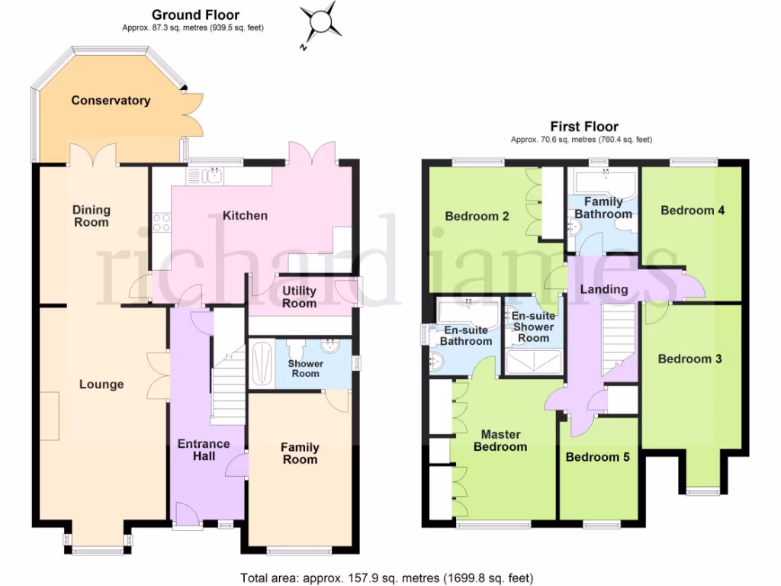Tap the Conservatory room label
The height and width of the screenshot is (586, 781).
click(111, 101)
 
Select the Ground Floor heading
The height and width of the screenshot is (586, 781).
click(195, 14)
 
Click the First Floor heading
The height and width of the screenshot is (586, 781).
click(584, 127)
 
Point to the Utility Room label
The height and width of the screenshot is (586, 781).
click(300, 297)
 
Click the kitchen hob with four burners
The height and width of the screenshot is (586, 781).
click(162, 222)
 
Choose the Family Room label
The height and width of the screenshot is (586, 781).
click(300, 453)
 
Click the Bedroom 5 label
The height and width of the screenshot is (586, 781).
click(597, 457)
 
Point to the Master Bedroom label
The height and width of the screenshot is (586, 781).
click(500, 440)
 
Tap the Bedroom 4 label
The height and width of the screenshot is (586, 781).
click(693, 211)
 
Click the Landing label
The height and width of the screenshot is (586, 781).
click(604, 289)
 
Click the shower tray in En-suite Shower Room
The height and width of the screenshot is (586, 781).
click(533, 365)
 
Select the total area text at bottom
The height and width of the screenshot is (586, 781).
click(387, 578)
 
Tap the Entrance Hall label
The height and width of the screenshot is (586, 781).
click(204, 449)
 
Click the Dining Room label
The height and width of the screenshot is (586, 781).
click(92, 216)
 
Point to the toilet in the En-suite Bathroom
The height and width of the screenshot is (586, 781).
click(436, 361)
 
